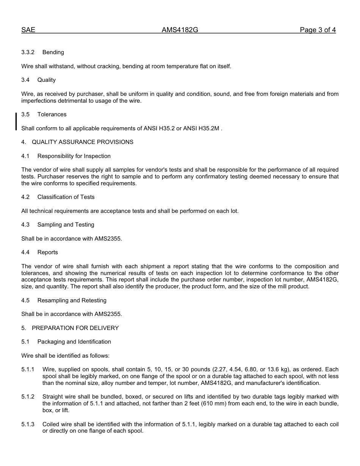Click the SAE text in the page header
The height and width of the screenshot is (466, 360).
[x=28, y=30]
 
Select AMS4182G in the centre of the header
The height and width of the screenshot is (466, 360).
[x=180, y=30]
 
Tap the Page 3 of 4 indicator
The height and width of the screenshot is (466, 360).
[x=318, y=30]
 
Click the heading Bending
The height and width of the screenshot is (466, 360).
[x=53, y=52]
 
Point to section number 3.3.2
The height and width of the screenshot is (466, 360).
[x=28, y=52]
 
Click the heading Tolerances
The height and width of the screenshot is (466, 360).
[x=52, y=114]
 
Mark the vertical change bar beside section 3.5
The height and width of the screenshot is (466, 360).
[x=16, y=121]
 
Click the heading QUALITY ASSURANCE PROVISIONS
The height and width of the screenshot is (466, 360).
[x=83, y=142]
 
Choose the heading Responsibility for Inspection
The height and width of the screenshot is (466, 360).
[x=74, y=156]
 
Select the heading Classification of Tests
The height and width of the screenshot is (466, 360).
[x=66, y=197]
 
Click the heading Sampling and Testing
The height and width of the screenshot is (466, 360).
[x=66, y=225]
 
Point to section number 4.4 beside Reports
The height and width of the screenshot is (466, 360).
[x=25, y=252]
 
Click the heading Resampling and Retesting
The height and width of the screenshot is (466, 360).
[x=72, y=300]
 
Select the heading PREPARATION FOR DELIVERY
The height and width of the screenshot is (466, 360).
[x=75, y=328]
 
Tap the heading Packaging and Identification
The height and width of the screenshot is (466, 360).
[x=74, y=342]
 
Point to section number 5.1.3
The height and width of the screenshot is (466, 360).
[x=28, y=424]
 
